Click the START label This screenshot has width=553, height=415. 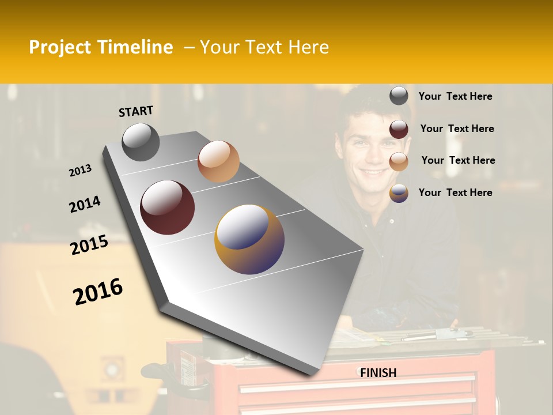pos(136,111)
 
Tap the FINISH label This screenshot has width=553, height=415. pos(378,373)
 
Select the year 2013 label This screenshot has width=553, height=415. pos(80,171)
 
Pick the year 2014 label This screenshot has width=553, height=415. pos(85,204)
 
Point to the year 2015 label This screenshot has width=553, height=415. pos(89,245)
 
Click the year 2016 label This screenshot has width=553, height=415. pos(98,292)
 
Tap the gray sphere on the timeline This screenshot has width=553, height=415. pos(141,142)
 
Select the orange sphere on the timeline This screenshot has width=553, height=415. pos(218,161)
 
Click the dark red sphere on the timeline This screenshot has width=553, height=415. pos(167,207)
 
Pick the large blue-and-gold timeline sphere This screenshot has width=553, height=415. pos(249,239)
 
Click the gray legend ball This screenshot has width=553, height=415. pos(399,96)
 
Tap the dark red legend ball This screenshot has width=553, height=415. pos(399,129)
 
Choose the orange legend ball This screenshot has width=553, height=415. pos(399,161)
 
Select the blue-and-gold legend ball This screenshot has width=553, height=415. pos(399,193)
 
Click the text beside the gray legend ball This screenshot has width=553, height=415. pos(455,97)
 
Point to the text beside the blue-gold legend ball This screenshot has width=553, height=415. pos(455,193)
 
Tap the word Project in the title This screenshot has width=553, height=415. pos(60,47)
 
